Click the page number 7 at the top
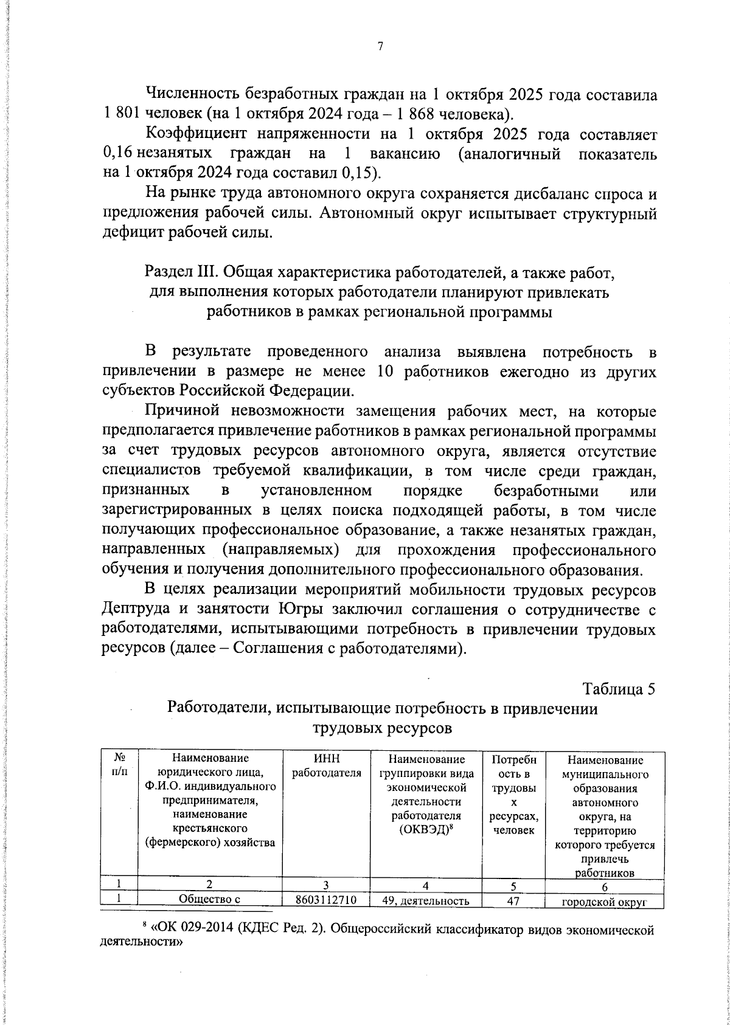click(380, 47)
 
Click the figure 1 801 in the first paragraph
click(123, 114)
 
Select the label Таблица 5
click(619, 689)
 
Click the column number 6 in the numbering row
click(604, 885)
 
